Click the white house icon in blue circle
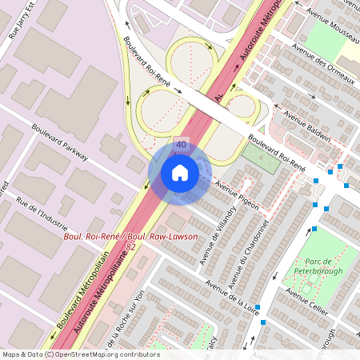click(x=180, y=173)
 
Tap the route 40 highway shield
click(x=181, y=145)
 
